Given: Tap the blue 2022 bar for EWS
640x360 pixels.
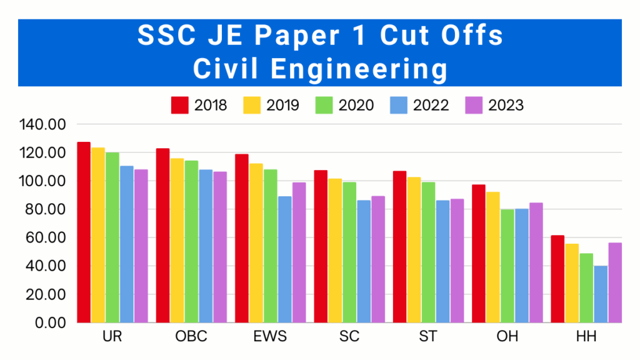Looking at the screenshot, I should (x=285, y=259).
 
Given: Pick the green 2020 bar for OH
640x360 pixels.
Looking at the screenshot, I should (x=507, y=266).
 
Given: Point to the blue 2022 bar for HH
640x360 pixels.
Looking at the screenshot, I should (x=601, y=294).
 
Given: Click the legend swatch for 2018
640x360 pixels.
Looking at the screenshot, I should (x=180, y=105).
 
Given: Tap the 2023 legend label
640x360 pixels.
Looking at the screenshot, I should (x=506, y=105).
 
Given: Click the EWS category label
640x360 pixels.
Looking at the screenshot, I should (x=271, y=337).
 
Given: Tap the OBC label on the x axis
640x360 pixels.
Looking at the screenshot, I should (x=191, y=337).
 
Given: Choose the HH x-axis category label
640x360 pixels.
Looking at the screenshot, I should (x=586, y=337).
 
